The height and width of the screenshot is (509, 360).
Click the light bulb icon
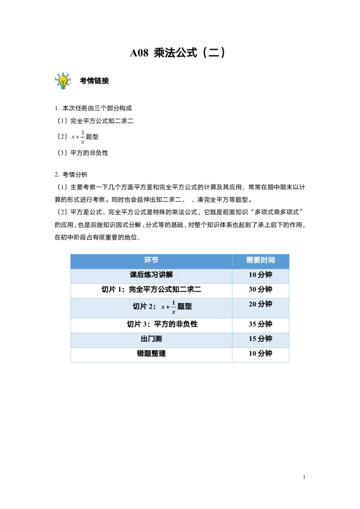coord(63,80)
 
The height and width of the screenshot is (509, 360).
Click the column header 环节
coord(151,260)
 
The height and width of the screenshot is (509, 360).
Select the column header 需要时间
coord(261,260)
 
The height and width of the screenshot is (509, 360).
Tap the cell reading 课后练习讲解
coord(151,275)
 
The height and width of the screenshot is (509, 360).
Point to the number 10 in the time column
coord(252,275)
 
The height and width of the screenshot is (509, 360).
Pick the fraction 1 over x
coord(173,307)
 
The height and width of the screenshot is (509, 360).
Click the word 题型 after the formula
coord(184,307)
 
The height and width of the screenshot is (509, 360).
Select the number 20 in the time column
coord(252,304)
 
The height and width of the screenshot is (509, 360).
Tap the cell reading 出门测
coord(151,339)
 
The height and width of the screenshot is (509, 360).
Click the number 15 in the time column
coord(252,339)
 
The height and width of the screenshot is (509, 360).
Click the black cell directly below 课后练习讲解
coord(151,290)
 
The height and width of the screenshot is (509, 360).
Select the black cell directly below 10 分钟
coord(261,290)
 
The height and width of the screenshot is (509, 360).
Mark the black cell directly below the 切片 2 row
coord(151,326)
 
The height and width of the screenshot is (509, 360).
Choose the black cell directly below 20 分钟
coord(261,326)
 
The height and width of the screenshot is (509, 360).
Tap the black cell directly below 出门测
coord(151,355)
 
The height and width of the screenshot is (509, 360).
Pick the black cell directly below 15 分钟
coord(261,355)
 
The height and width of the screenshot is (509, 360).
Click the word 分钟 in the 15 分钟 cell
coord(265,339)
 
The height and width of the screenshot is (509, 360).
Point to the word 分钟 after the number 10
coord(265,275)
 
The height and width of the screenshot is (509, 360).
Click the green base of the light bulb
coord(63,86)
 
